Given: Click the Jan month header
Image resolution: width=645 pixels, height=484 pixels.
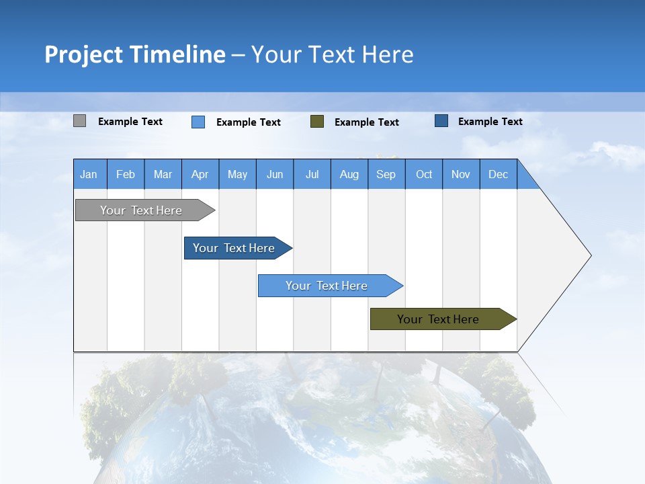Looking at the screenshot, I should tap(89, 174).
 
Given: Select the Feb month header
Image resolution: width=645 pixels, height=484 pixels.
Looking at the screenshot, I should tap(126, 174).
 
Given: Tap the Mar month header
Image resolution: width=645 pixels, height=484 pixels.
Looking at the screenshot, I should tap(163, 174).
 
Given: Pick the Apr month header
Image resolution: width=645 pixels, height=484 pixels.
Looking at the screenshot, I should tap(200, 174).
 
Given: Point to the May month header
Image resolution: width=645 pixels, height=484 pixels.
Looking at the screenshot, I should tap(237, 174).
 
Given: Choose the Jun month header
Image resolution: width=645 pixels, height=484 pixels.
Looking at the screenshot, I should tap(275, 174).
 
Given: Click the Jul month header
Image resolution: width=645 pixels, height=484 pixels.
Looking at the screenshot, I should tap(312, 174).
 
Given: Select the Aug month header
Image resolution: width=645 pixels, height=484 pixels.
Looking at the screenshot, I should tap(349, 174).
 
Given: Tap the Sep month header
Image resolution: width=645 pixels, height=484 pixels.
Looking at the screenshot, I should tap(386, 174).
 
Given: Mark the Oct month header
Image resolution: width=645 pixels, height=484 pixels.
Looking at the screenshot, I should tap(424, 174).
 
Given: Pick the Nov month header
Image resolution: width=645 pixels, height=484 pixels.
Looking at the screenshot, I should tap(461, 174).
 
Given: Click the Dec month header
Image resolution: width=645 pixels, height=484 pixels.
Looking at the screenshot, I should tap(499, 174).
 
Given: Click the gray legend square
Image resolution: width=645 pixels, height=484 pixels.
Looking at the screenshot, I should tap(79, 121).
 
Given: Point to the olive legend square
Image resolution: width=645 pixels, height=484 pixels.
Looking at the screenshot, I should tap(317, 122).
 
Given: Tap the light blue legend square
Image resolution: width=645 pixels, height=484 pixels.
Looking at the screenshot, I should tap(198, 122).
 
